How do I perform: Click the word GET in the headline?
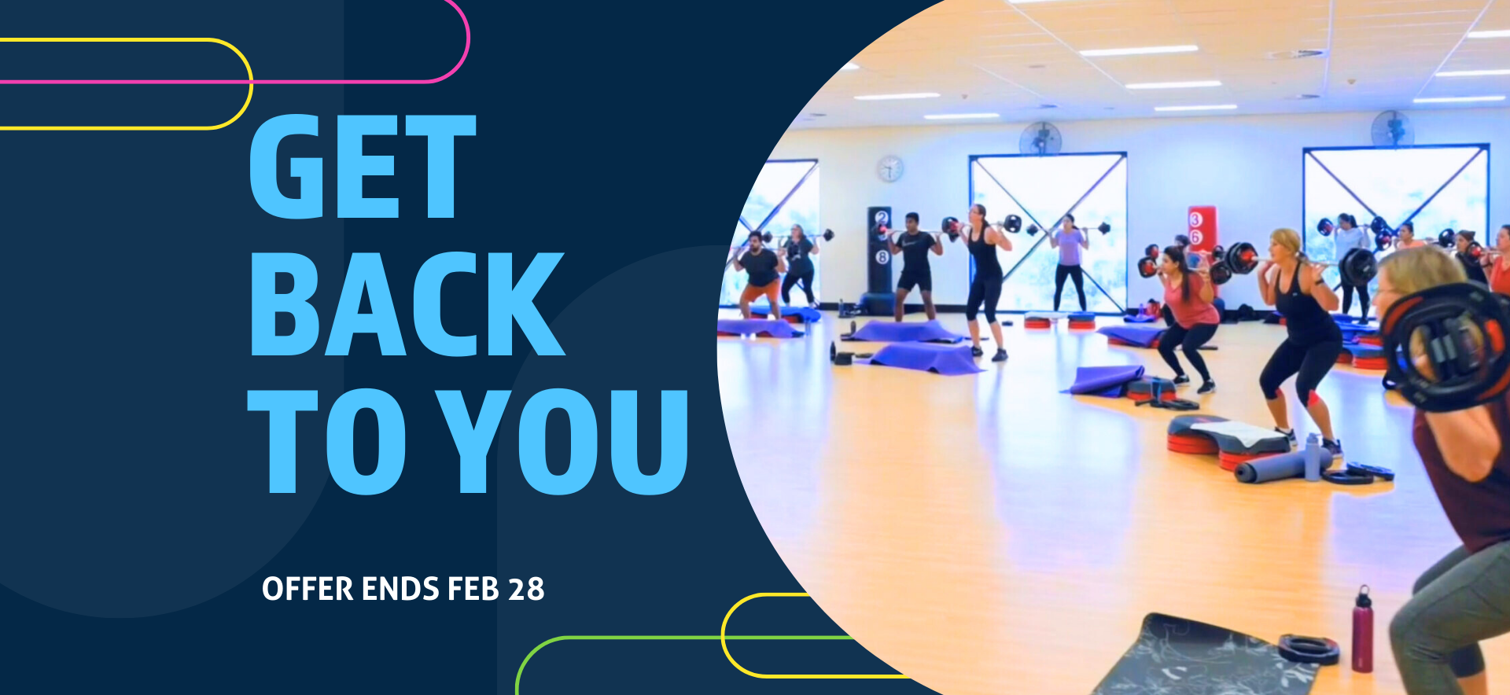pos(363,166)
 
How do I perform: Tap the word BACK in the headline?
pos(407,304)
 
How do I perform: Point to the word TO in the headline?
pos(327,441)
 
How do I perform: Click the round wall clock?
pos(889,168)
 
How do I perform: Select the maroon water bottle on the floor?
pos(1363,629)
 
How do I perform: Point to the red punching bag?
pos(1201,236)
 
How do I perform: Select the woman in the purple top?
pos(1070,262)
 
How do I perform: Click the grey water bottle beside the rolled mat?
pos(1312,457)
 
